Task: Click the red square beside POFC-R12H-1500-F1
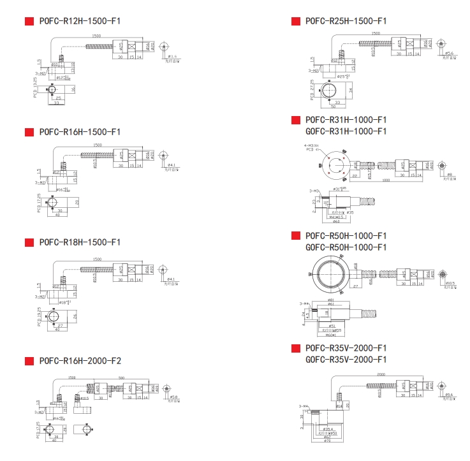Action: point(29,21)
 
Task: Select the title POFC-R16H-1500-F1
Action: point(80,132)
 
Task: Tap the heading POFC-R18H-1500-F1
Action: point(80,242)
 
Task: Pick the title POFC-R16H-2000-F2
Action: point(80,361)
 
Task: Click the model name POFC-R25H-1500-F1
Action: point(346,21)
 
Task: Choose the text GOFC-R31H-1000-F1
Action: point(346,131)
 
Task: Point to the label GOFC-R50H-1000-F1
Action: point(346,247)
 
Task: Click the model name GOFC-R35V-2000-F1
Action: point(346,360)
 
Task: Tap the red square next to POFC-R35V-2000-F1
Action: point(296,348)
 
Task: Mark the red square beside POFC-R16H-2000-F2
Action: point(29,361)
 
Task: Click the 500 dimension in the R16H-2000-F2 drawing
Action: point(122,377)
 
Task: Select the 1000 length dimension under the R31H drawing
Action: point(386,180)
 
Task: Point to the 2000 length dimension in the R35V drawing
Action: point(381,375)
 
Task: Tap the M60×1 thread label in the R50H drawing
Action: point(330,335)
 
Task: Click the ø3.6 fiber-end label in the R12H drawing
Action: point(171,57)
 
